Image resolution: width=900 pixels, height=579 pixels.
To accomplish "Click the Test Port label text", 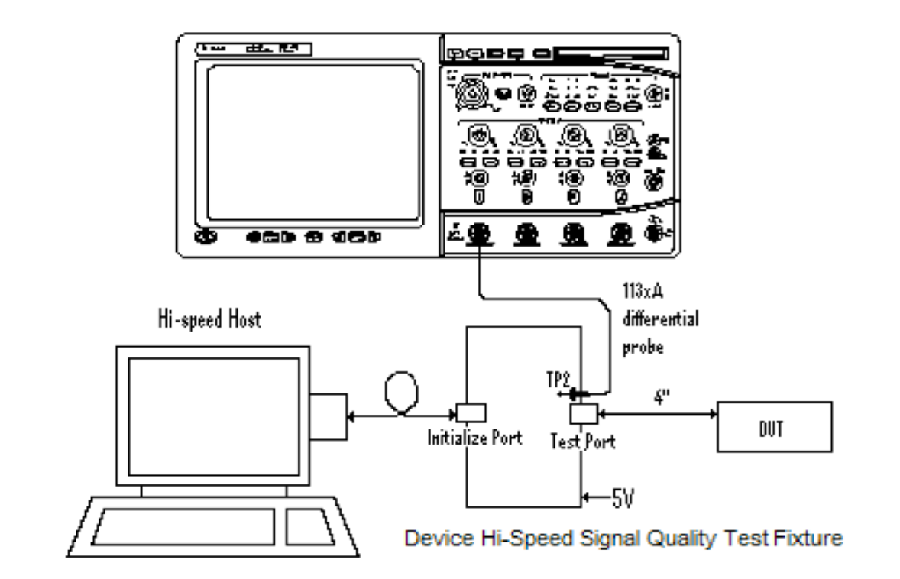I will click(x=583, y=442).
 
